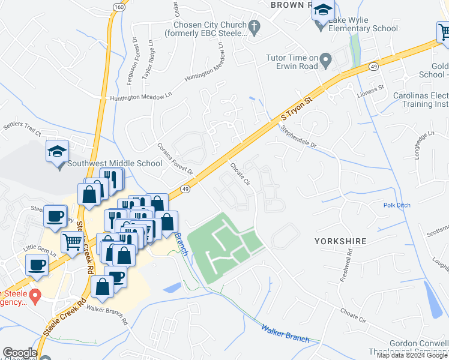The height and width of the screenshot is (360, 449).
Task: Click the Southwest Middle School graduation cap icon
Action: click(x=57, y=151)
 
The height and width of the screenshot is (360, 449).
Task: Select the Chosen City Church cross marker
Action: click(x=254, y=26)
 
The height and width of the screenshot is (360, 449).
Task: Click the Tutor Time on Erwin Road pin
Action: click(x=325, y=59)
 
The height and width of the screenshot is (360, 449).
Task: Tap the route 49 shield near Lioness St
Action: click(x=373, y=65)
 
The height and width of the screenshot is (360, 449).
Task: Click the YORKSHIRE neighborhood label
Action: click(x=339, y=241)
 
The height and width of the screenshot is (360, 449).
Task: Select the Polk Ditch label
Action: click(x=397, y=205)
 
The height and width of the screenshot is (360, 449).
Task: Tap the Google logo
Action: click(x=20, y=353)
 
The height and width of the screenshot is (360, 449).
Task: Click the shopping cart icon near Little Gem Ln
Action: click(x=73, y=242)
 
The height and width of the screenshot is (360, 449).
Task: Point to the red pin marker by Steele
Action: click(x=35, y=295)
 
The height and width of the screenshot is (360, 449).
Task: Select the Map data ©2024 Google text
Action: click(x=412, y=355)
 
